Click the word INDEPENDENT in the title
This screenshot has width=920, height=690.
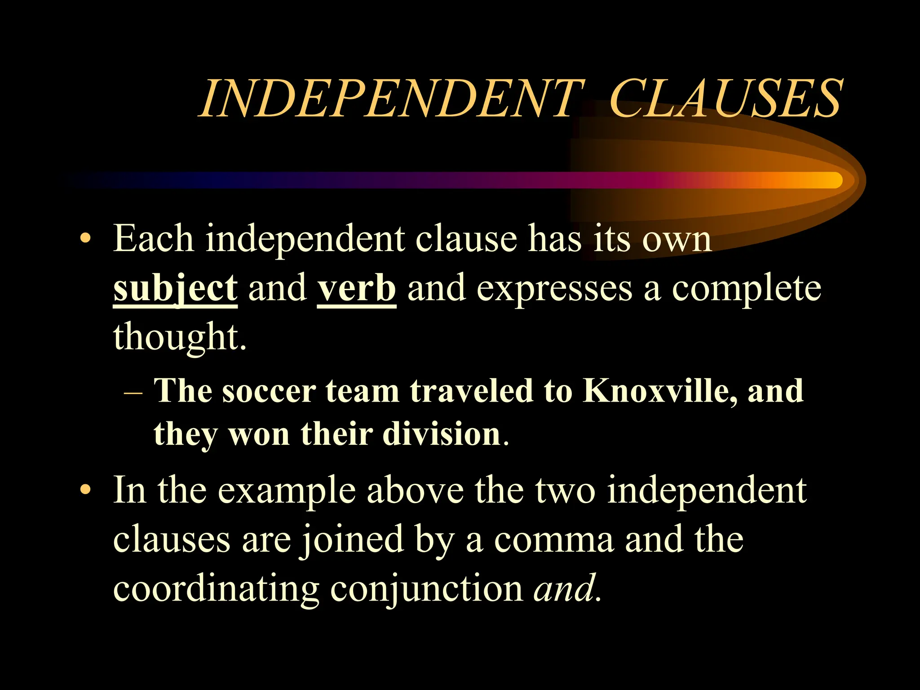click(391, 99)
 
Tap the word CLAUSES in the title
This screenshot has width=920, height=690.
click(724, 99)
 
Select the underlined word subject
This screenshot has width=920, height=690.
click(175, 289)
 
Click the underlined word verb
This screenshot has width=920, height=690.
click(357, 289)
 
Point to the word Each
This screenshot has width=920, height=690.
click(153, 239)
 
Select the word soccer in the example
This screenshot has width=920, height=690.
click(269, 391)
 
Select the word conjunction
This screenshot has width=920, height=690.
click(426, 589)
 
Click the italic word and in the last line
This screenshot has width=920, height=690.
click(563, 588)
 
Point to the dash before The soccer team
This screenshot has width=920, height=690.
click(133, 392)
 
